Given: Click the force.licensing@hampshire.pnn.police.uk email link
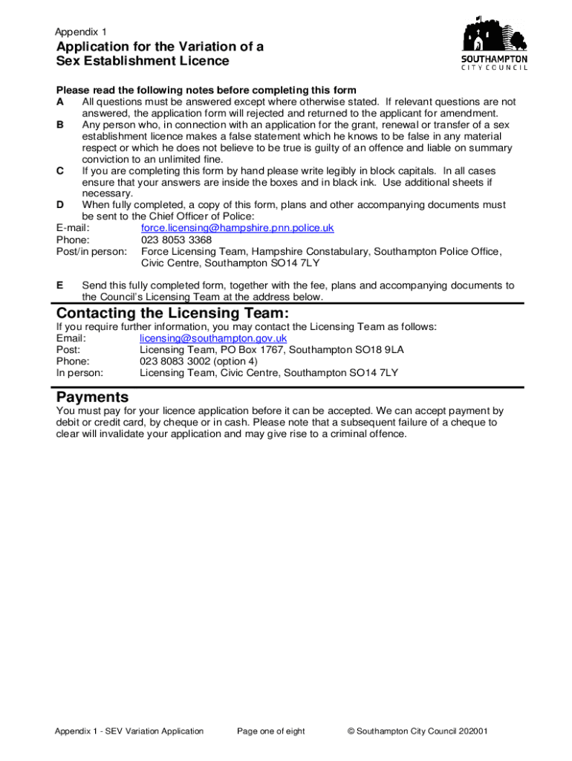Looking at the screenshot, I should tap(237, 227).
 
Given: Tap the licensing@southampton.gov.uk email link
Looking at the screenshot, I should tap(213, 338).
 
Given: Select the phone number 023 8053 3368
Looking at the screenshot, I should tap(176, 240).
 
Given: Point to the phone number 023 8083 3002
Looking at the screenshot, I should tap(176, 362).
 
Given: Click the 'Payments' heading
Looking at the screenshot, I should tap(92, 397).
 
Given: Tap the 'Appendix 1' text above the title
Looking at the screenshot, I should tap(81, 32).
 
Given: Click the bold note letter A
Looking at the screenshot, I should tap(59, 102).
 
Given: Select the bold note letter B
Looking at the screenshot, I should tap(59, 125).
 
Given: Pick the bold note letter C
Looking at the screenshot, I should tap(59, 171).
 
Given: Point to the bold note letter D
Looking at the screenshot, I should tap(60, 205).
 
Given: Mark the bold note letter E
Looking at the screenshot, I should tap(59, 285).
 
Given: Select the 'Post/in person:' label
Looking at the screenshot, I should tap(91, 252).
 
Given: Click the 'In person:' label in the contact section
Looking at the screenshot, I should tap(79, 373).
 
